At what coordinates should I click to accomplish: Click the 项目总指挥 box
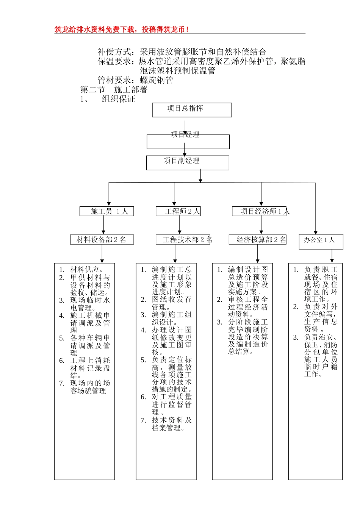pyautogui.click(x=192, y=110)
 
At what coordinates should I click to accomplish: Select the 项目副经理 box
pyautogui.click(x=188, y=162)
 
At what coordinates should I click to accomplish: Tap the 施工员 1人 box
pyautogui.click(x=106, y=211)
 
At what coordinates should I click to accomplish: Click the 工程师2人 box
pyautogui.click(x=178, y=211)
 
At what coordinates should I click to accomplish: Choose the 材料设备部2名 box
pyautogui.click(x=102, y=240)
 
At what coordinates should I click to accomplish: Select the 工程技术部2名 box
pyautogui.click(x=183, y=240)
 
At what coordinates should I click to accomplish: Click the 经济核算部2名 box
pyautogui.click(x=257, y=240)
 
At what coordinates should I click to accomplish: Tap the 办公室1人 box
pyautogui.click(x=321, y=242)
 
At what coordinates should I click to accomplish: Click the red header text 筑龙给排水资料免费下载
pyautogui.click(x=121, y=29)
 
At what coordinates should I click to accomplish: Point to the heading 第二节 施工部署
pyautogui.click(x=114, y=90)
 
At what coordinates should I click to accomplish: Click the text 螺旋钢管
pyautogui.click(x=157, y=80)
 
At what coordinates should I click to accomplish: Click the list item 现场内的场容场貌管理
pyautogui.click(x=90, y=387)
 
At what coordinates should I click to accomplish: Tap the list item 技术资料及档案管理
pyautogui.click(x=171, y=424)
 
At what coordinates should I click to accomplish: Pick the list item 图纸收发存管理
pyautogui.click(x=171, y=303)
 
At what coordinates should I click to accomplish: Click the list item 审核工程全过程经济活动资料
pyautogui.click(x=247, y=307)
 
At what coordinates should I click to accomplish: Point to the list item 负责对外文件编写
pyautogui.click(x=321, y=318)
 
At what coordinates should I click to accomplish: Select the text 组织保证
pyautogui.click(x=118, y=99)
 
